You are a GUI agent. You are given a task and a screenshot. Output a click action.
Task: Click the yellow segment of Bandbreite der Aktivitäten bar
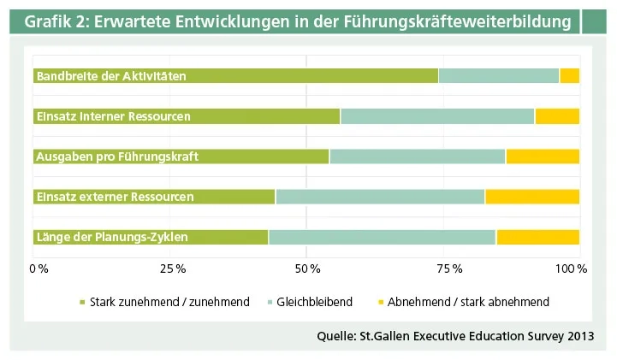pos(569,76)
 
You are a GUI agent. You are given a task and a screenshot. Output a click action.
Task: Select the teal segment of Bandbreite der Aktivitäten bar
pos(499,76)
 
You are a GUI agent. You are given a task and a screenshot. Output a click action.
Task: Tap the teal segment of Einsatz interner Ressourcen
pos(437,116)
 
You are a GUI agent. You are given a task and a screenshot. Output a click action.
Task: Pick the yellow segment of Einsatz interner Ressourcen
pos(557,116)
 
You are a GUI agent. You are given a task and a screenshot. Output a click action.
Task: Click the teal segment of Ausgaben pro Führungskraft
pos(418,156)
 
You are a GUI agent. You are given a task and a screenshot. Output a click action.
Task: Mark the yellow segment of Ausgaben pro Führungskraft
pos(543,156)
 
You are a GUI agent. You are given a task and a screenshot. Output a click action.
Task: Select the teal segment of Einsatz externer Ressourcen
pos(380,197)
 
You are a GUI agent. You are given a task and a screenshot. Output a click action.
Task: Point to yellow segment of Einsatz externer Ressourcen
pos(532,197)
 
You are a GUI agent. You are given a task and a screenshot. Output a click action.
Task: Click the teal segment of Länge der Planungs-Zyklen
pos(383,237)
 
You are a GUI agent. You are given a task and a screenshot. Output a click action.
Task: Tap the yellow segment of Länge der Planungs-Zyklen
pos(538,237)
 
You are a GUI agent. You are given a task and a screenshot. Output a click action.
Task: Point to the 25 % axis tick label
pos(172,269)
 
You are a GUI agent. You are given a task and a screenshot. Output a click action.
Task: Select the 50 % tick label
pos(307,269)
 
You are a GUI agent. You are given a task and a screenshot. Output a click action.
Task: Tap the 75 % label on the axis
pos(442,269)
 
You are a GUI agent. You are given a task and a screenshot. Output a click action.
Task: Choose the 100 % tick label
pos(571,269)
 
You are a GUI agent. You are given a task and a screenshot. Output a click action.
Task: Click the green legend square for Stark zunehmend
pos(83,302)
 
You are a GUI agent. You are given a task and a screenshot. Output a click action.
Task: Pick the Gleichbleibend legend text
pos(314,302)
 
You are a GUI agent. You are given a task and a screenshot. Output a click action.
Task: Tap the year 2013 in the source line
pos(579,334)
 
